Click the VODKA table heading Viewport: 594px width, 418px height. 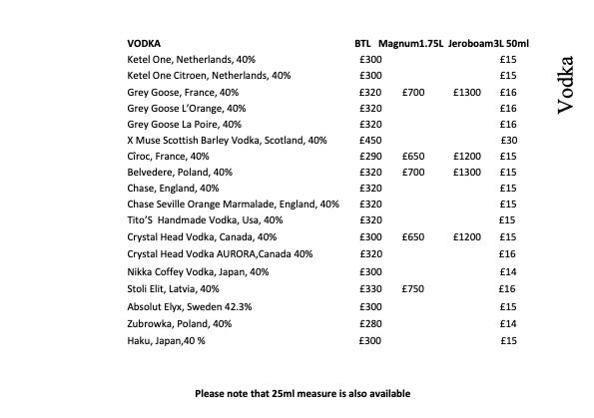tap(145, 44)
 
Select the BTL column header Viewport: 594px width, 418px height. tap(362, 44)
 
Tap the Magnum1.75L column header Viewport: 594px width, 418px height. tap(410, 44)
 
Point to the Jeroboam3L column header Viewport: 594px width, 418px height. tap(472, 44)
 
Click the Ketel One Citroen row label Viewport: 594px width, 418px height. tap(210, 75)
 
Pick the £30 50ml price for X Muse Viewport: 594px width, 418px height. tap(508, 140)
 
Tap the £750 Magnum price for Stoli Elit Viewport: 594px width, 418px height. tap(414, 286)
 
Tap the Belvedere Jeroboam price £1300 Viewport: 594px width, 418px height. tap(466, 172)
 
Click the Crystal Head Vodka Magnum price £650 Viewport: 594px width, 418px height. tap(414, 236)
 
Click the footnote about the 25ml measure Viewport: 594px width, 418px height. tap(301, 393)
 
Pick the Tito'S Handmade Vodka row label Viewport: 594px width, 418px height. tap(206, 219)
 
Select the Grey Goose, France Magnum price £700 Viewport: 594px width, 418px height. tap(414, 92)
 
